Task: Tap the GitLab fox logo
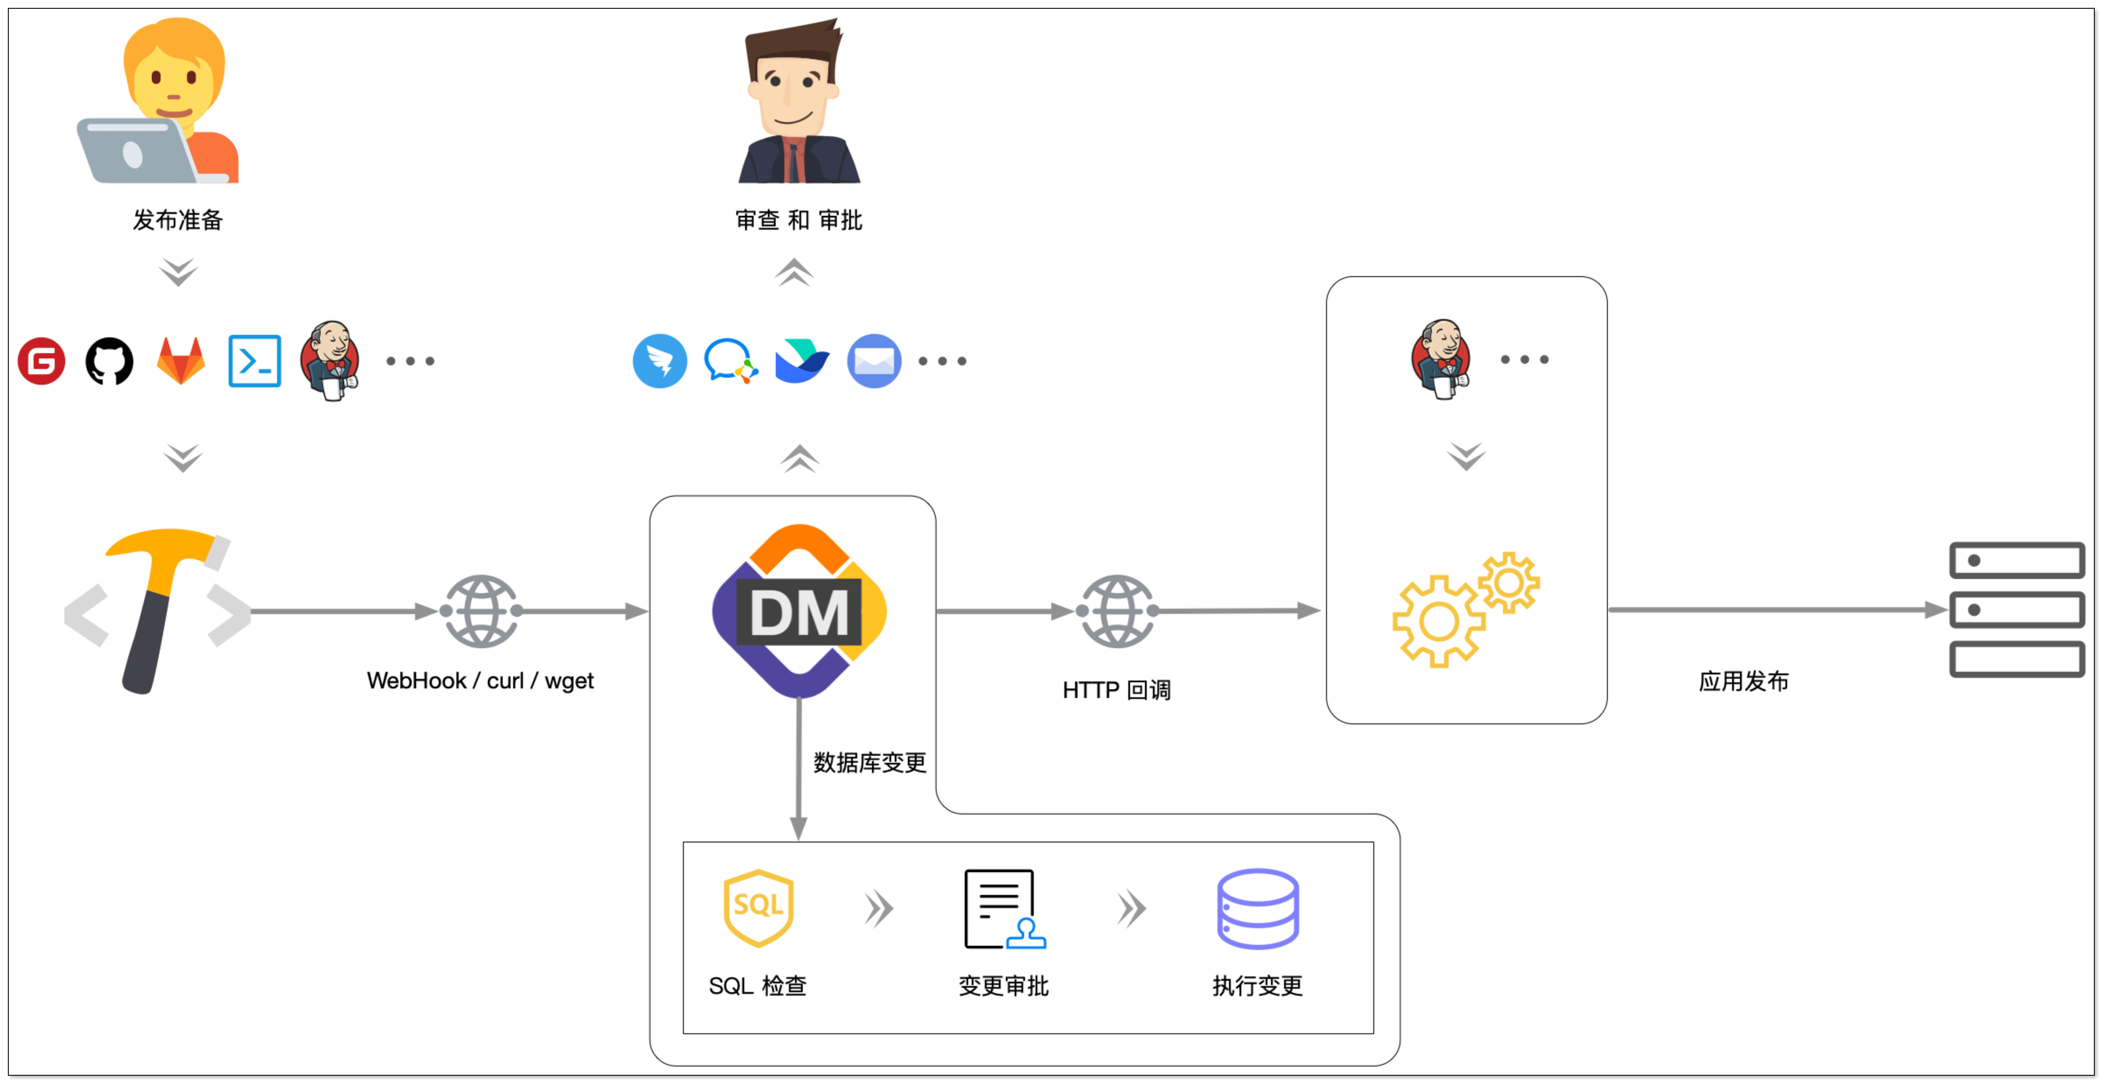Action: point(181,361)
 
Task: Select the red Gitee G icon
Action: point(41,361)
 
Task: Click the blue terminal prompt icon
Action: point(254,361)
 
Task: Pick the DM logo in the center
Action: point(799,611)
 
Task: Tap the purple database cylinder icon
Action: point(1257,908)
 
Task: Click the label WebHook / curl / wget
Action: point(480,681)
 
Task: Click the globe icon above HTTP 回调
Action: point(1117,611)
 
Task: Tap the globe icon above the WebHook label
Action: point(481,611)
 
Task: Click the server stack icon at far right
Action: point(2016,610)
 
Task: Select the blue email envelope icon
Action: point(874,361)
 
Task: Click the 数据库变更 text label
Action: point(869,762)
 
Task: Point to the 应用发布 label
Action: point(1743,681)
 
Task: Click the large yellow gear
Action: point(1438,622)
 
